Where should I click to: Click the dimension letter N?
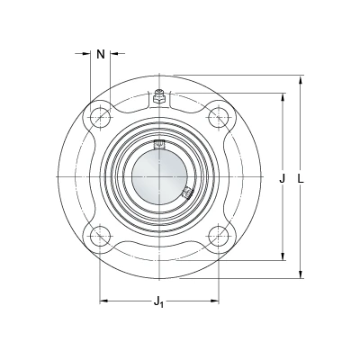(101, 55)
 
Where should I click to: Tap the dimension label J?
(282, 178)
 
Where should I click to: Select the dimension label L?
(301, 178)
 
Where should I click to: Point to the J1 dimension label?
(158, 301)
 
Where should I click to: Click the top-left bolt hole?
(100, 117)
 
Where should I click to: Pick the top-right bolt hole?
(219, 117)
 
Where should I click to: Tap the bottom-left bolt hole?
(100, 236)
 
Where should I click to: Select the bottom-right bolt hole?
(219, 236)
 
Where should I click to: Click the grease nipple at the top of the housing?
(159, 96)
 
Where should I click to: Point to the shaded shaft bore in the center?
(159, 176)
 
